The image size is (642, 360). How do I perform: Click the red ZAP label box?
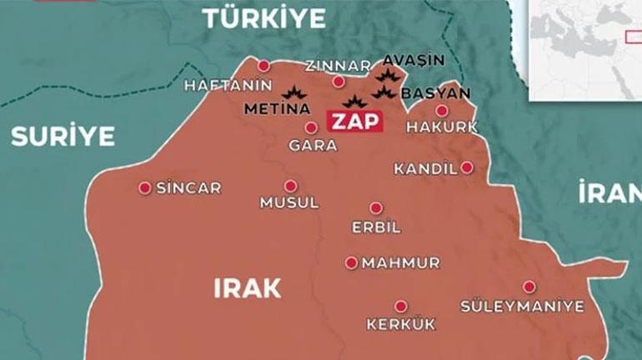pos(356,122)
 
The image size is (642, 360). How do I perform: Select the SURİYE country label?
pos(63,137)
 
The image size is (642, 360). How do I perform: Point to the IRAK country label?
pos(248,288)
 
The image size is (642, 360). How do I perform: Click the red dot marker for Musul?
pos(290,186)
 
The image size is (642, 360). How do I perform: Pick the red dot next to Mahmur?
pos(351,262)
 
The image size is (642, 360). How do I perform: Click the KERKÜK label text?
pos(400,324)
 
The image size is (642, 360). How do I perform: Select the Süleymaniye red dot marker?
pos(529,287)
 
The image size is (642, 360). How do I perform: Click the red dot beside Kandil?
pos(467,167)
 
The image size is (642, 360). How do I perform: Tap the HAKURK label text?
pos(442,127)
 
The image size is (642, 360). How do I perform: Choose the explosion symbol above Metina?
pos(293,94)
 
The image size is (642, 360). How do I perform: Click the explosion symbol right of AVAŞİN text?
pos(386,76)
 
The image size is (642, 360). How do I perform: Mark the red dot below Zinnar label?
pos(338,82)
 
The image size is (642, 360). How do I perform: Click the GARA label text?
pos(312,145)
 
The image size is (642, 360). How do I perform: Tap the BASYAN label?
pos(435,93)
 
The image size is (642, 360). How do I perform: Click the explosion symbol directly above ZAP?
pos(355,102)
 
